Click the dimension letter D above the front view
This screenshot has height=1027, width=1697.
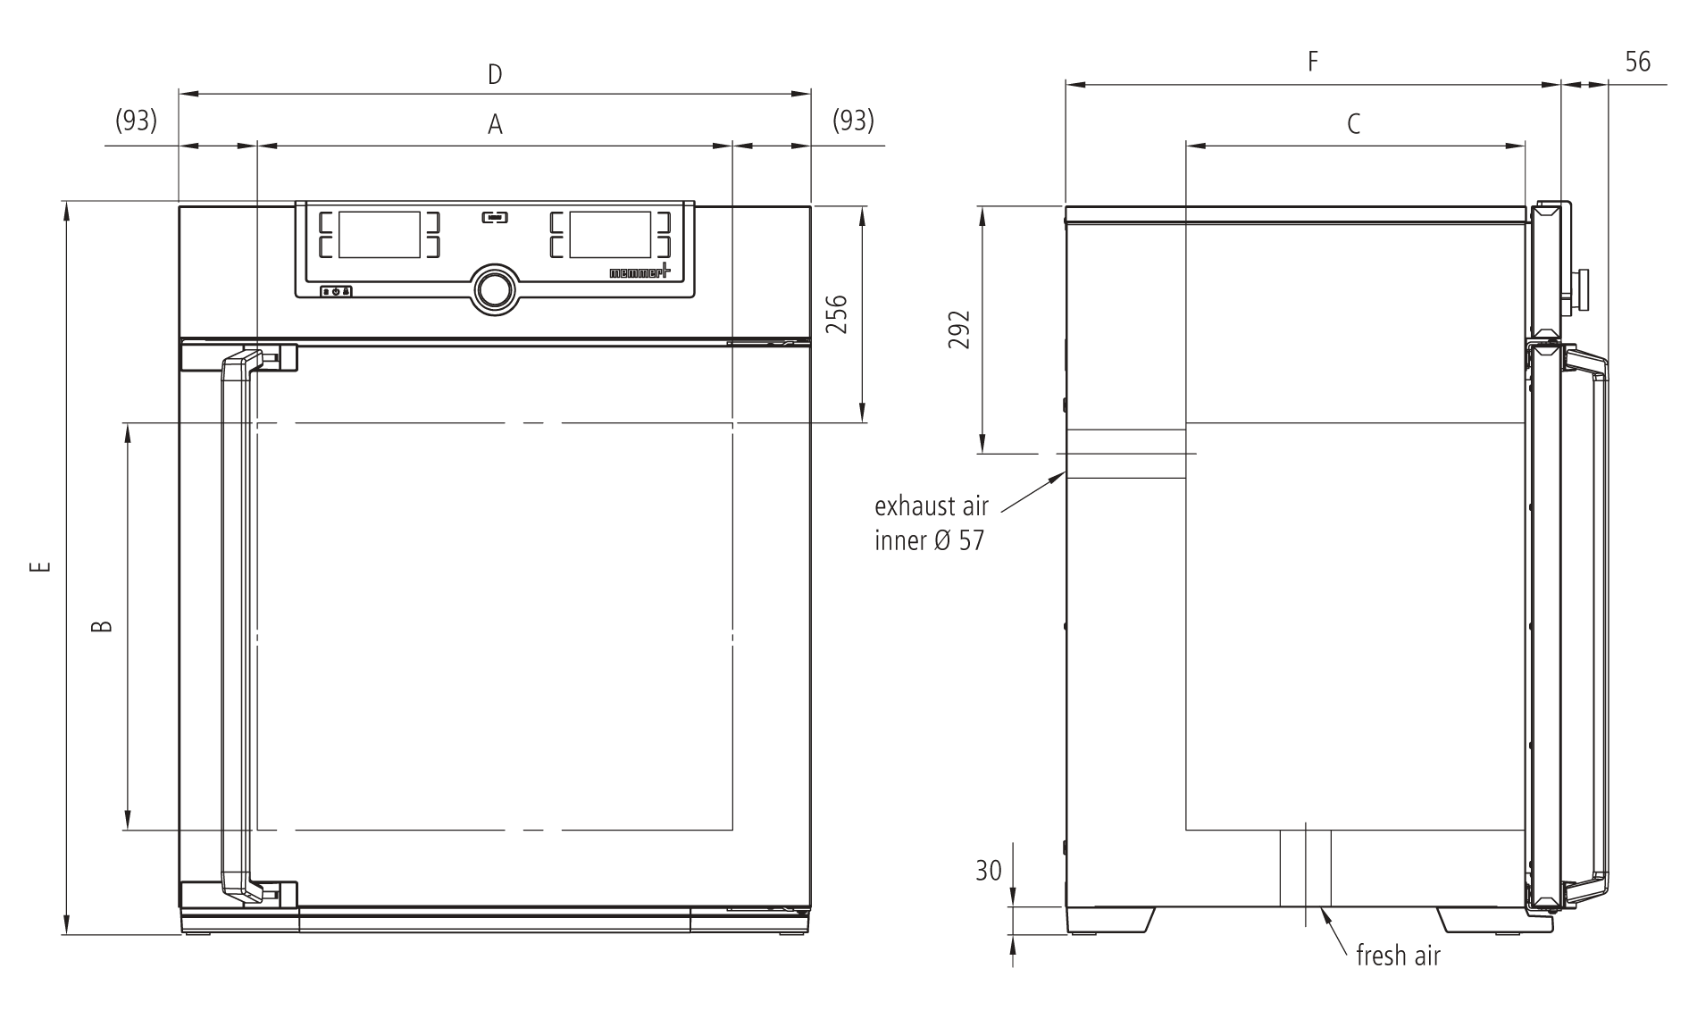(495, 74)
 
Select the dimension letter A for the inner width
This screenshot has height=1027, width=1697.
(495, 125)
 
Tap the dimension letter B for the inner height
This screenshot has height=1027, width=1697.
(103, 625)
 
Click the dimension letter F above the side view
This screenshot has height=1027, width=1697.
(1312, 62)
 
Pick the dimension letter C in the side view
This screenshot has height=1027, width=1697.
(1353, 124)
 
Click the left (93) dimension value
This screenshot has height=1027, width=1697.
(137, 120)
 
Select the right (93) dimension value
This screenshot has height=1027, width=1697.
(853, 120)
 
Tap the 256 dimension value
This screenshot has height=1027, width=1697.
(836, 313)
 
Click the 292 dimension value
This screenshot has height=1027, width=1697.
(959, 330)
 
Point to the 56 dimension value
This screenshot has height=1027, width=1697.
(1637, 62)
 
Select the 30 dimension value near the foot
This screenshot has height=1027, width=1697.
(989, 871)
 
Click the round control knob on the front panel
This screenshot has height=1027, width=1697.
(494, 288)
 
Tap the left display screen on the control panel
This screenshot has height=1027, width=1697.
(379, 234)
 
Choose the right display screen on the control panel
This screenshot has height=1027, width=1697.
(609, 234)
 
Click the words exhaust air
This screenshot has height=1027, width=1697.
(931, 506)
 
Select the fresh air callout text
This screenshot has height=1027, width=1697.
(1398, 956)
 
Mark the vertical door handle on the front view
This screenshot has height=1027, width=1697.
(237, 625)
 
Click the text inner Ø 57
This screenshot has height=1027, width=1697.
(929, 541)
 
